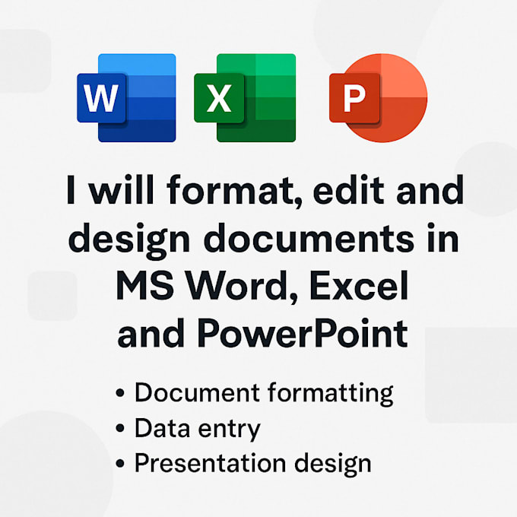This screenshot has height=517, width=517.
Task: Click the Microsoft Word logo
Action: (x=126, y=98)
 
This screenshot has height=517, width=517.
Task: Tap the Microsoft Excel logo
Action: (x=245, y=98)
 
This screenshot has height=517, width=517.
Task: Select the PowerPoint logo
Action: (x=378, y=98)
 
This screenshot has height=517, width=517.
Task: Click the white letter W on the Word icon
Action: (x=102, y=99)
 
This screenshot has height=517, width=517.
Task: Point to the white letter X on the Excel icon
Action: (x=219, y=99)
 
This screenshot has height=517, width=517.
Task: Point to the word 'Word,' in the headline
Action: (x=238, y=287)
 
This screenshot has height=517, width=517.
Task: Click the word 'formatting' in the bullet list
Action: (x=331, y=394)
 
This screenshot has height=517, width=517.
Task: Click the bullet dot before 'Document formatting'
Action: (x=120, y=395)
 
